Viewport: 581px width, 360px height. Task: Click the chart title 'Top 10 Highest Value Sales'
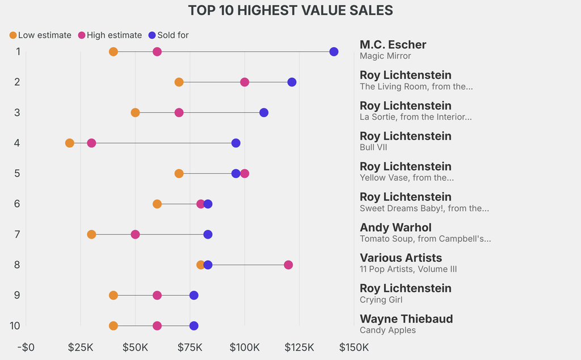tap(290, 10)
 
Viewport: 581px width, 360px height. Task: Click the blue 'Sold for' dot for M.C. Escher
tap(334, 52)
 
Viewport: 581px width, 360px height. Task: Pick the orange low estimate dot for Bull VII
tap(70, 143)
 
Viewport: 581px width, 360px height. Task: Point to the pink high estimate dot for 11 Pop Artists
tap(288, 265)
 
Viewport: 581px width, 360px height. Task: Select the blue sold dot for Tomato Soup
tap(208, 235)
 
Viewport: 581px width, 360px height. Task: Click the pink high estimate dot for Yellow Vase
tap(245, 173)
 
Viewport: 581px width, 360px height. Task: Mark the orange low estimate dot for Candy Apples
tap(113, 326)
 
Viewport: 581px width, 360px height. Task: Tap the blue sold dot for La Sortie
tap(264, 112)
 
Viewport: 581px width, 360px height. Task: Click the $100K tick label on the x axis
tap(245, 348)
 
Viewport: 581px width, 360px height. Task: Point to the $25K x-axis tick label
tap(81, 348)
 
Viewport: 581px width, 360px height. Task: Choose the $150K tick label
tap(354, 348)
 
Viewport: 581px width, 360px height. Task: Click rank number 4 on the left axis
tap(18, 143)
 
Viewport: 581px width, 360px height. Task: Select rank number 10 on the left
tap(15, 326)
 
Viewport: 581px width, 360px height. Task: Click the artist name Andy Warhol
tap(395, 228)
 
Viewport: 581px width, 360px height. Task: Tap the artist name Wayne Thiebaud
tap(406, 319)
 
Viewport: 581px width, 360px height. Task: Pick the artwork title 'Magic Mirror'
tap(385, 56)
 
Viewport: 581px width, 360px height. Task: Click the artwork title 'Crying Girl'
tap(381, 300)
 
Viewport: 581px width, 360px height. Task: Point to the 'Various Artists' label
tap(401, 258)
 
